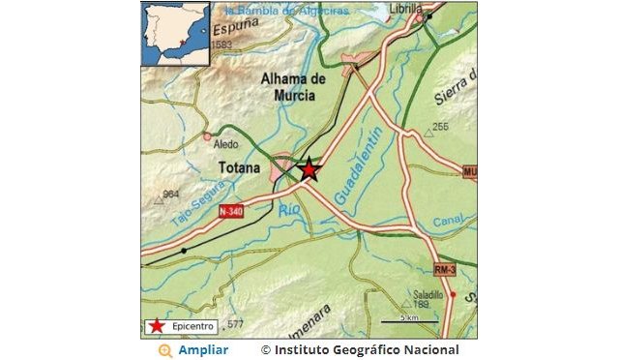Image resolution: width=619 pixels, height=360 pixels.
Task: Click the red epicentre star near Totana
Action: pos(309,169)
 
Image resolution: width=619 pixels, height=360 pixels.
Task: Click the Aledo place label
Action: pos(225,145)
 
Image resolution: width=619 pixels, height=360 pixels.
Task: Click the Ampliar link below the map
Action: pos(203,349)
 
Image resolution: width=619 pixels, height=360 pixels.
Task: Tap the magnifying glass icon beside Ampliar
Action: pos(166,349)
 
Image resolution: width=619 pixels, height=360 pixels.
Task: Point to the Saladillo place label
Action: pos(427,294)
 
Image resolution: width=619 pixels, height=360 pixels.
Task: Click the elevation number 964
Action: pos(172,195)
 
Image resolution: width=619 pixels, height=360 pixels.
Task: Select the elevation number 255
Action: pos(441,128)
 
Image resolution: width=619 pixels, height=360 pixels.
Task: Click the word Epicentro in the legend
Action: pos(192,327)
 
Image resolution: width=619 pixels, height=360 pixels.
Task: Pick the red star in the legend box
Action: pos(156,327)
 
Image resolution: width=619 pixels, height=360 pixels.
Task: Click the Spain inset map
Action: pos(176,34)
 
